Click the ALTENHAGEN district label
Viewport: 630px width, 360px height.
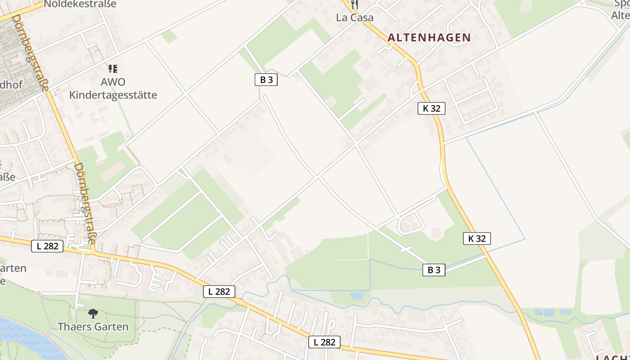(x=429, y=38)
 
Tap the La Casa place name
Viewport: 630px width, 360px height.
(x=355, y=18)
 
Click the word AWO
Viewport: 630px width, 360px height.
(x=113, y=82)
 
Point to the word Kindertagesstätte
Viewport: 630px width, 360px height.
(x=113, y=95)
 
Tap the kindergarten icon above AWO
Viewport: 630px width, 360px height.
(x=113, y=69)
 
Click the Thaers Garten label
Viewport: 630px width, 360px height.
(x=93, y=327)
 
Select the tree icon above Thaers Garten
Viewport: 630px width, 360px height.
(x=93, y=313)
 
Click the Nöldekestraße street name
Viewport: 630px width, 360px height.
(x=80, y=4)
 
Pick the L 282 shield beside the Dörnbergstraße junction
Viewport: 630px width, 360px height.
(x=47, y=246)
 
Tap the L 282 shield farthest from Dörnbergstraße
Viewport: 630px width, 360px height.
(x=324, y=342)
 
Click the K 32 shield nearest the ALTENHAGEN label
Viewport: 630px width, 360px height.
(x=431, y=108)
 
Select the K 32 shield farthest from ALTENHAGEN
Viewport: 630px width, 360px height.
(x=477, y=238)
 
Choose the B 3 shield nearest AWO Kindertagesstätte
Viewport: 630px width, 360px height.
(x=266, y=80)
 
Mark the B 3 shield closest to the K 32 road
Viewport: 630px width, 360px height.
(x=434, y=270)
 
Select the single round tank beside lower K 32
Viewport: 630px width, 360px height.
(x=436, y=234)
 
